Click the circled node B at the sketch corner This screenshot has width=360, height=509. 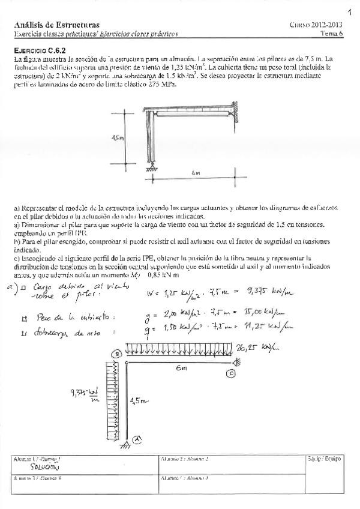tap(118, 355)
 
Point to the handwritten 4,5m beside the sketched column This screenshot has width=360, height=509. tap(140, 399)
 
